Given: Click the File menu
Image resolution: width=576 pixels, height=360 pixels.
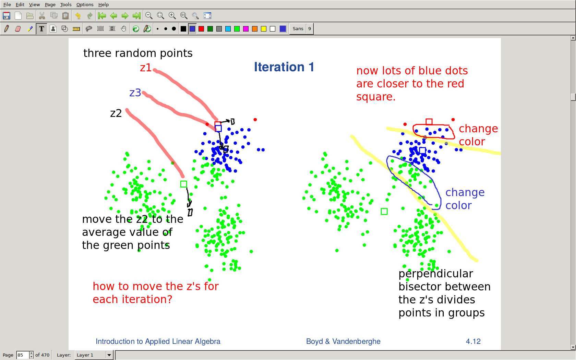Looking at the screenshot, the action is pyautogui.click(x=7, y=5).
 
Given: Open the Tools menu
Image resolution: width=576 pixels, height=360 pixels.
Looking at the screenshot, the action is pyautogui.click(x=65, y=5).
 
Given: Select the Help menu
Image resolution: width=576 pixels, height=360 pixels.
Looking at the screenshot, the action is pyautogui.click(x=104, y=5).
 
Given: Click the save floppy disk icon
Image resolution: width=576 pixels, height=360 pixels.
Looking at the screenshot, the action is pyautogui.click(x=7, y=16).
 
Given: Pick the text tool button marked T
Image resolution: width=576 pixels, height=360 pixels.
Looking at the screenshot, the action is pyautogui.click(x=41, y=29).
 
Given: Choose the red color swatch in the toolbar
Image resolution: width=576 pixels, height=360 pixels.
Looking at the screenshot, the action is pyautogui.click(x=201, y=29).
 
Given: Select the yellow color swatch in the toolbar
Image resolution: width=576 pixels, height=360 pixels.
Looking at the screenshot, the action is pyautogui.click(x=264, y=29).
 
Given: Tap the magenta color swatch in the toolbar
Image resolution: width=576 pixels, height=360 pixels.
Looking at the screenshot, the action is pyautogui.click(x=245, y=29).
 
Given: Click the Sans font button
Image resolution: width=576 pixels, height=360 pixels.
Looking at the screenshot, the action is pyautogui.click(x=298, y=29).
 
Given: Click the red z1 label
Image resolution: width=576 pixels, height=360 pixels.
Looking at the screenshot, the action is pyautogui.click(x=145, y=68).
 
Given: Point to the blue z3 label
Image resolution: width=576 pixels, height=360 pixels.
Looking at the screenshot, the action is pyautogui.click(x=135, y=93).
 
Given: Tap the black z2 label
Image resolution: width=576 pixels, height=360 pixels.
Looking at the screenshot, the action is pyautogui.click(x=116, y=113).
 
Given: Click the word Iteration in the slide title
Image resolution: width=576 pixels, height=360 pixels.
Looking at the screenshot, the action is pyautogui.click(x=279, y=67).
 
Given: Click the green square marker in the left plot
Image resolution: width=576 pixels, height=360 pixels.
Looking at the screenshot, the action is pyautogui.click(x=184, y=184).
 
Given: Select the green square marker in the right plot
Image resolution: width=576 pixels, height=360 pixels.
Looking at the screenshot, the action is pyautogui.click(x=384, y=211).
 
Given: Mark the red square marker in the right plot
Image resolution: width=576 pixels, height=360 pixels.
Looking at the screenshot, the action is pyautogui.click(x=429, y=121).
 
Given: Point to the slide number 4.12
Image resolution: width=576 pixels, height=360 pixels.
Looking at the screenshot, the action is pyautogui.click(x=473, y=341).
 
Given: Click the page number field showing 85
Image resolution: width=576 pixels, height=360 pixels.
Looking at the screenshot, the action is pyautogui.click(x=23, y=355).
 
